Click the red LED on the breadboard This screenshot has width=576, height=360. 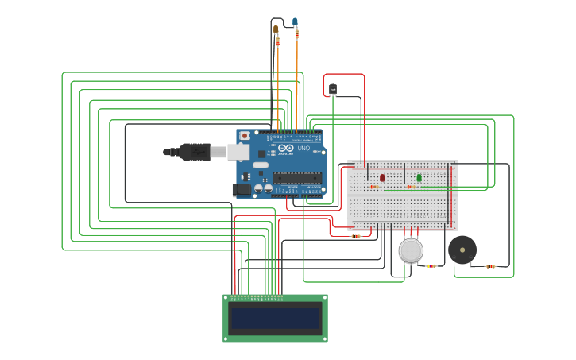(x=382, y=178)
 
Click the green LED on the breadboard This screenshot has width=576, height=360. (x=419, y=178)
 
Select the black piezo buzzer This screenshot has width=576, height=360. (x=462, y=250)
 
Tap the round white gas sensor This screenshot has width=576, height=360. (x=410, y=250)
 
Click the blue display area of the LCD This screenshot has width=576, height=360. (x=274, y=319)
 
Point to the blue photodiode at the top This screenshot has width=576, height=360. (x=296, y=21)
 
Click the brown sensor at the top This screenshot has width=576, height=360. (x=276, y=29)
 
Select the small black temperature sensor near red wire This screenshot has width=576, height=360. (x=333, y=88)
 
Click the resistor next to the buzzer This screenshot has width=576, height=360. (x=490, y=266)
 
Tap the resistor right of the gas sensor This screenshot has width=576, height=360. (x=431, y=265)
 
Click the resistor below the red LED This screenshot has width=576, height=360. (x=374, y=188)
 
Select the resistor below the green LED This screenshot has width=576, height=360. (x=411, y=188)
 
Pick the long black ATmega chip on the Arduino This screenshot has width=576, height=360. (x=298, y=176)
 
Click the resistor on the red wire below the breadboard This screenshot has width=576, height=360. (x=356, y=236)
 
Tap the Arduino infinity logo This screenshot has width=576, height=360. (x=284, y=149)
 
